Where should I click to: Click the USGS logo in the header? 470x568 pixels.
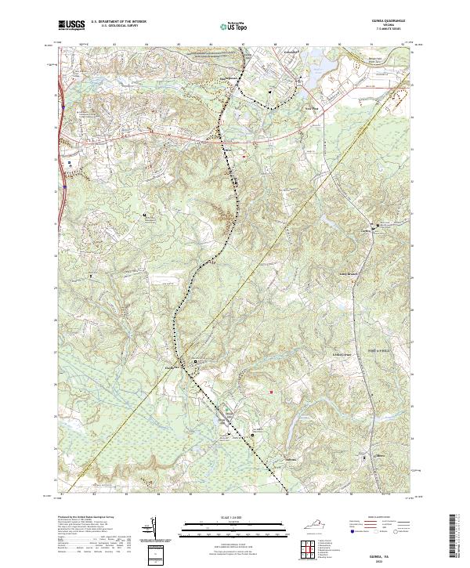71,26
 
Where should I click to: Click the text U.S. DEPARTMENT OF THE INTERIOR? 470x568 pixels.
118,22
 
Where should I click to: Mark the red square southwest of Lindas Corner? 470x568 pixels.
271,392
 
